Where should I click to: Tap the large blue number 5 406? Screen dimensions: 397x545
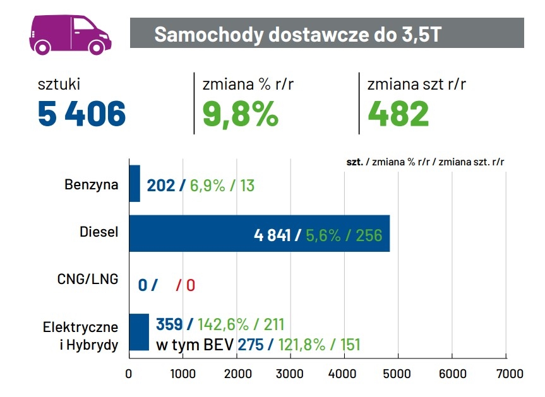tap(81, 114)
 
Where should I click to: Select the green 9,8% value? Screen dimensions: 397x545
tap(241, 114)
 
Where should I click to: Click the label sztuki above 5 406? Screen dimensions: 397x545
tap(59, 84)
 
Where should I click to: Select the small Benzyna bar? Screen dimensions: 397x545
tap(135, 184)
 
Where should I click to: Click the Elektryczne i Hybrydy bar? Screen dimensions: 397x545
tap(139, 332)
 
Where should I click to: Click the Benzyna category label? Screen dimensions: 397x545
tap(91, 185)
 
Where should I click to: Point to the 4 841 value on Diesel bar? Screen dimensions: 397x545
tap(272, 235)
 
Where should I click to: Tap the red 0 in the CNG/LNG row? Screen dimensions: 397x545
tap(190, 285)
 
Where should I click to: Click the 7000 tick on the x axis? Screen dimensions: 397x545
tap(506, 374)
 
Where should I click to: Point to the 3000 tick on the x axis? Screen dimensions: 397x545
tap(290, 374)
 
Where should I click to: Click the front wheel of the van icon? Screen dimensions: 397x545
tap(95, 47)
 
